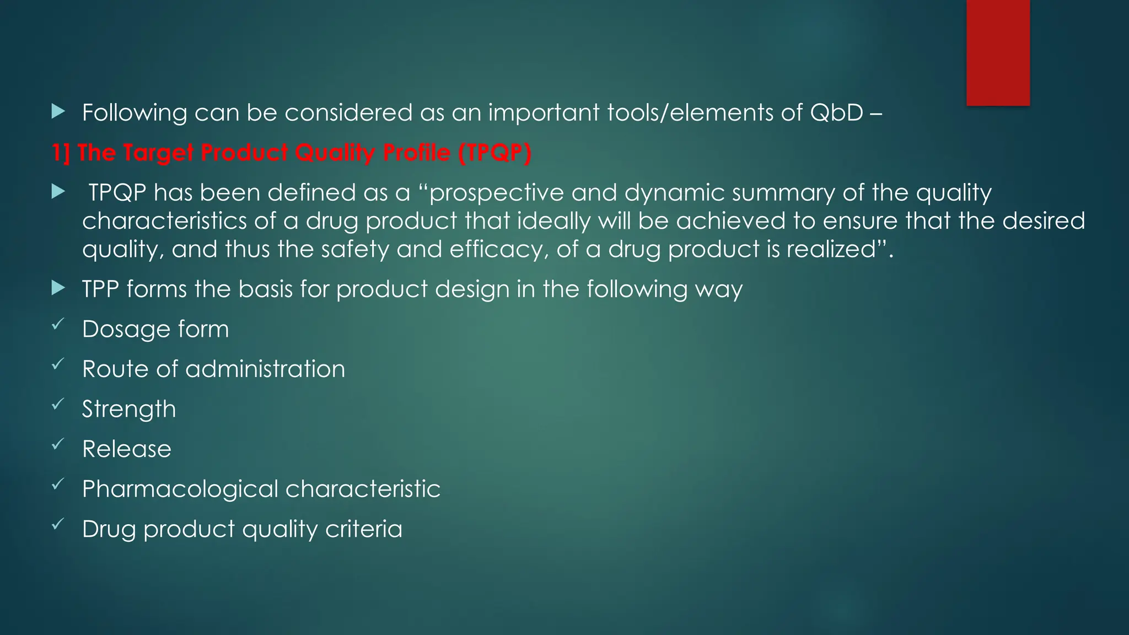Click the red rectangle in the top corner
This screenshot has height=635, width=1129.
[x=998, y=52]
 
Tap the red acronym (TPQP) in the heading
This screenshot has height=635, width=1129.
[x=494, y=153]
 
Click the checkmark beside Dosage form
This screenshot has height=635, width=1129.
[x=58, y=325]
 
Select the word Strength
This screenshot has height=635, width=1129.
[x=129, y=410]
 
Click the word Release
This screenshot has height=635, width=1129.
[x=127, y=449]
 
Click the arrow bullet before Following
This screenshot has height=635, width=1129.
[x=58, y=112]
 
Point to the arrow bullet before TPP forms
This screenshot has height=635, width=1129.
[x=58, y=288]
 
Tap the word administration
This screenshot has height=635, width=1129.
[x=265, y=369]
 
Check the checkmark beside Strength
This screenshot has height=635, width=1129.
[x=58, y=405]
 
